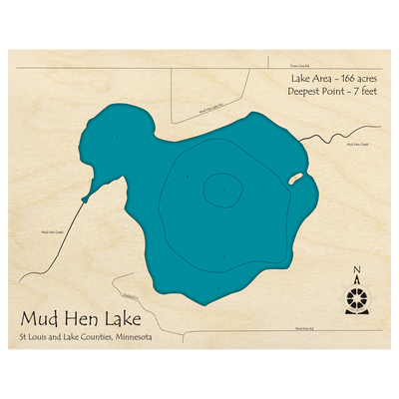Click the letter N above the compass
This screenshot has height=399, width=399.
point(356,267)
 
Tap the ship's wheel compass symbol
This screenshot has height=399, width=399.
point(356,296)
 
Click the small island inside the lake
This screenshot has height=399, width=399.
point(296,180)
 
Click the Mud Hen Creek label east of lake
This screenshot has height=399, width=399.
point(357,145)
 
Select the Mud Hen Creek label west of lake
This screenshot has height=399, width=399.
point(53,231)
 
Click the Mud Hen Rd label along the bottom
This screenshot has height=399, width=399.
point(305,327)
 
